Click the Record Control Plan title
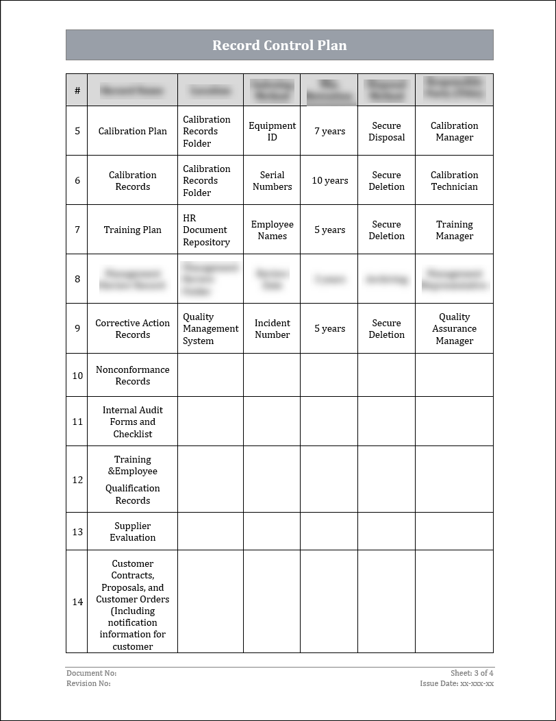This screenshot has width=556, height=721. coord(279,45)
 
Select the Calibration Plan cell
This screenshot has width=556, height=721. coord(132,131)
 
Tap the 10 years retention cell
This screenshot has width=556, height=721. coord(329,180)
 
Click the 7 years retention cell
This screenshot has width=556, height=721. coord(329,131)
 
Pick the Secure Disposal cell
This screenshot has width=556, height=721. coord(386,131)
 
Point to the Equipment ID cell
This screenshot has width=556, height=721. coord(272,131)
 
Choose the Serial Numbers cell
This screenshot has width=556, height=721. coord(272,180)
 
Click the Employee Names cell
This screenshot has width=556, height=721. coord(272,230)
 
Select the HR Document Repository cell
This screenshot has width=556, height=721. coord(206,230)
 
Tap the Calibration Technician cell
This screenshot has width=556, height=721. coord(454,180)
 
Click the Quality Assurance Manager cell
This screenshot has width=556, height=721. coord(454,328)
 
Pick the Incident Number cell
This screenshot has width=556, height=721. coord(272,328)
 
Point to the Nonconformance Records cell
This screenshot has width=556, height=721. coord(132,375)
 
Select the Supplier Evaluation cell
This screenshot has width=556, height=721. coord(132,531)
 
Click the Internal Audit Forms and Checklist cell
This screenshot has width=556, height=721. coord(132,421)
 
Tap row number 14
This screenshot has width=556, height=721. coord(77,602)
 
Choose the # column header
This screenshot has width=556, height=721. coord(77,90)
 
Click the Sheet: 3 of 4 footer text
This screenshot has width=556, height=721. coord(472,673)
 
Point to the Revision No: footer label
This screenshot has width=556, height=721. coord(88,683)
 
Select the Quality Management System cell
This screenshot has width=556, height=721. coord(210,328)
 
